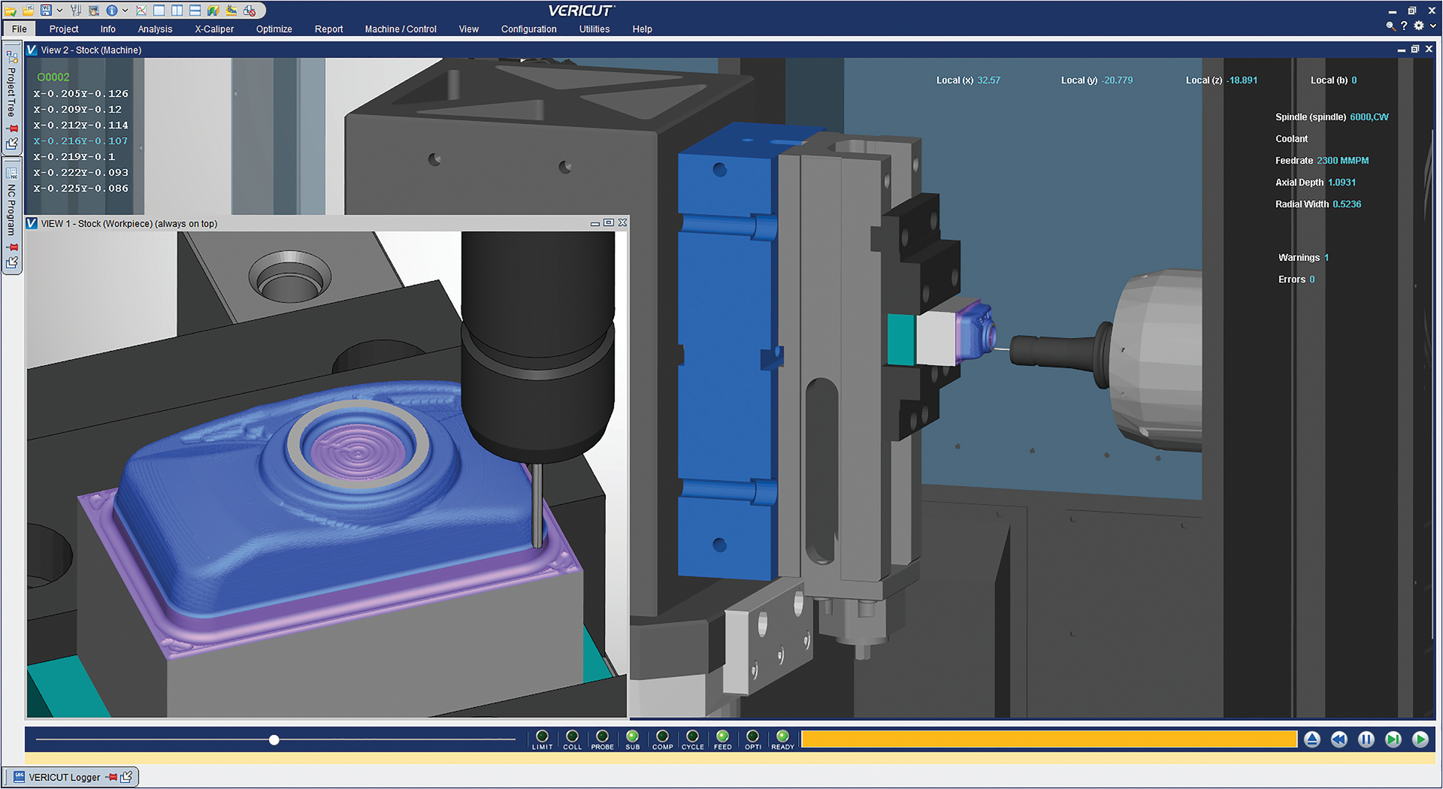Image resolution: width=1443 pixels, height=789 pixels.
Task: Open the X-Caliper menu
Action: pos(214,29)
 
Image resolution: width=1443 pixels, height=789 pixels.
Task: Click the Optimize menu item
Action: pos(274,29)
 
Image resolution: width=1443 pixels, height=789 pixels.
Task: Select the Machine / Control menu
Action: pos(401,29)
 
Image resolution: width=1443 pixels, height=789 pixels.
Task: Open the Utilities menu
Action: pos(594,29)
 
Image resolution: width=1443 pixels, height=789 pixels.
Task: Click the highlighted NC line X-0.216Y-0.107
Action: pos(80,141)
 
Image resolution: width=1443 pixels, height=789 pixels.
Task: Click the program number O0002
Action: pos(53,77)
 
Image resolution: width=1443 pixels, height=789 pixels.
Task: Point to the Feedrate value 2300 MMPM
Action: pos(1342,161)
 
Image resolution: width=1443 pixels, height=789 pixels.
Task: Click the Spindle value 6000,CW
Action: pos(1369,117)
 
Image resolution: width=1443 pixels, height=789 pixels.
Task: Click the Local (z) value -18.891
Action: pos(1242,80)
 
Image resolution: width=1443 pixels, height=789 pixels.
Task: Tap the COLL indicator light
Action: pos(572,736)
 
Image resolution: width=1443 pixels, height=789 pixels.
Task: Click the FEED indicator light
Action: pos(722,736)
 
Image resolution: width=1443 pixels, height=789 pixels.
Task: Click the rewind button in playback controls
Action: pos(1339,739)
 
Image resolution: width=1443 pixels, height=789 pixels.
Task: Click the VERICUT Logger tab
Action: pos(64,777)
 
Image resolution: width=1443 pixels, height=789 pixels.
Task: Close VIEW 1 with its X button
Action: pos(622,223)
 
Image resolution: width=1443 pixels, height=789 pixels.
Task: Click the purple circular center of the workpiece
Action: pos(358,451)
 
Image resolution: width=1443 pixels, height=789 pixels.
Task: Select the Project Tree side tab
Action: pos(11,90)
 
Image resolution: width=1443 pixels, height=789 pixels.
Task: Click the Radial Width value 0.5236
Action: pos(1346,204)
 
